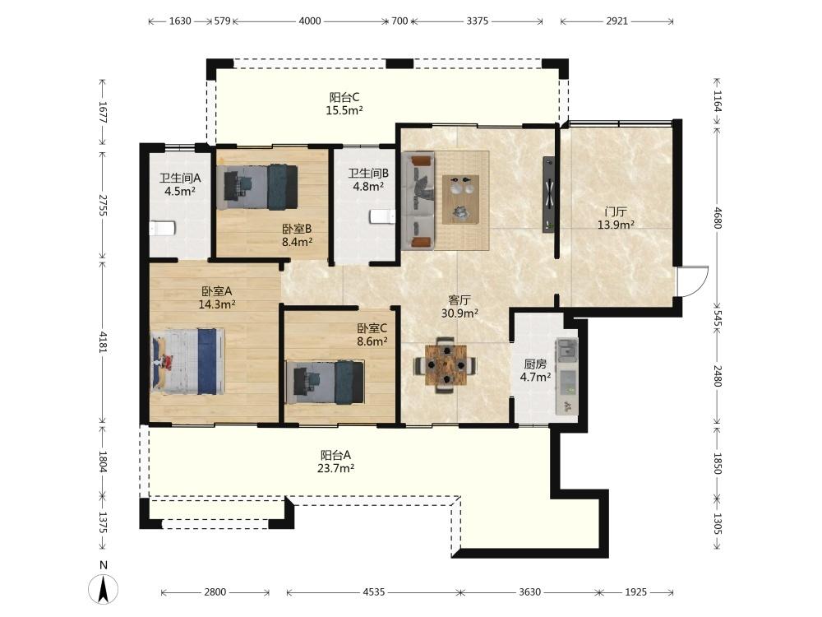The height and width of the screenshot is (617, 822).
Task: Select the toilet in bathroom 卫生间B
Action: point(382,216)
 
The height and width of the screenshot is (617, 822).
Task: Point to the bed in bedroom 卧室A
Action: point(187,361)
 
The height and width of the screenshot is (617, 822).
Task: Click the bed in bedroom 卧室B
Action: point(258,188)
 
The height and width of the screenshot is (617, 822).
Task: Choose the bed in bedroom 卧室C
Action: point(325,382)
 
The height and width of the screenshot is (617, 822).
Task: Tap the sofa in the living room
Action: point(418,200)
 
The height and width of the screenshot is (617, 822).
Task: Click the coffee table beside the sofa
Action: point(461,199)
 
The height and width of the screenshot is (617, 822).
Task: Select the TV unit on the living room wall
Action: point(548,194)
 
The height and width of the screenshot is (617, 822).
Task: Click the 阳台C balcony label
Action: point(344,98)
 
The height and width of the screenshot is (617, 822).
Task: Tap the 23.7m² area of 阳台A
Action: point(335,469)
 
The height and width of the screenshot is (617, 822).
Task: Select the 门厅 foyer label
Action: point(616,212)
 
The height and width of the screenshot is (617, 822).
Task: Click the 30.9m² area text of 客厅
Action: point(459,313)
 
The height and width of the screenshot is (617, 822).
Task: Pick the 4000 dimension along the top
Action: point(310,21)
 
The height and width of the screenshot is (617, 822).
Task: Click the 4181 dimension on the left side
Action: point(103,341)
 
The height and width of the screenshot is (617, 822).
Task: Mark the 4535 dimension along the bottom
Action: point(374,591)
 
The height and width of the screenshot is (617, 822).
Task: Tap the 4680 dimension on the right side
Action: point(717,219)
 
